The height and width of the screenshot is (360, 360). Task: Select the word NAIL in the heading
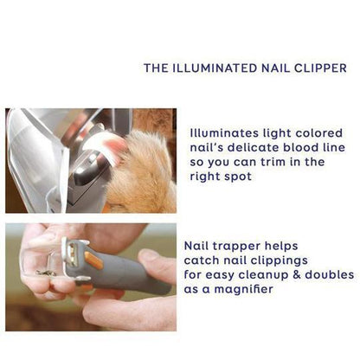pyautogui.click(x=272, y=67)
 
